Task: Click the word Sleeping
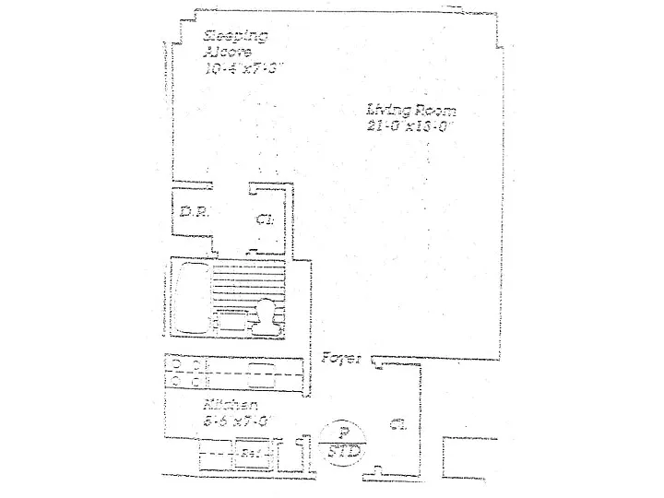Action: pos(236,36)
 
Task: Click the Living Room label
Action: pos(411,112)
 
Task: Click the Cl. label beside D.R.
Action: pos(265,220)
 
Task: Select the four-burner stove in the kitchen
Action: pos(189,371)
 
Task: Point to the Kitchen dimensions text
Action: pos(235,421)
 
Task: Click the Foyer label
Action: pos(341,358)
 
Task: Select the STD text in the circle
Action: pos(343,453)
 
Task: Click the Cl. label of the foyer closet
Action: pos(397,425)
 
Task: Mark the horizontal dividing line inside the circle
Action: pos(343,441)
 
